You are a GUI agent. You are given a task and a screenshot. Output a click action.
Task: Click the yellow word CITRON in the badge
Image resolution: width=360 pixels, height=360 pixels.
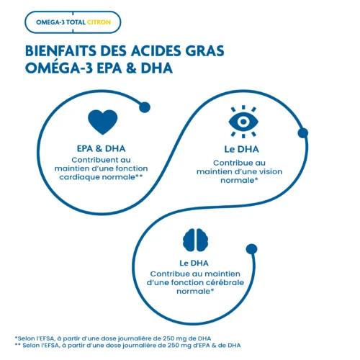pos(99,22)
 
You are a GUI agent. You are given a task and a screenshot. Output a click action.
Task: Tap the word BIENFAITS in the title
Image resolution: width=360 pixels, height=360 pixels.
pos(60,51)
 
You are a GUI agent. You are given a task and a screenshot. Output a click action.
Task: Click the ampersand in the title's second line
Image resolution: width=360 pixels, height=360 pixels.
pos(131,68)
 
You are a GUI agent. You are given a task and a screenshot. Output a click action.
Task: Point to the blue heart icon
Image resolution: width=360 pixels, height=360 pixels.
pos(103,122)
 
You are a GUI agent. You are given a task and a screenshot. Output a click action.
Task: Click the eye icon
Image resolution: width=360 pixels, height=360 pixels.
pos(243,122)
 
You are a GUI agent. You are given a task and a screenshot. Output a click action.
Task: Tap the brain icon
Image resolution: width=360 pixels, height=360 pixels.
pos(196,240)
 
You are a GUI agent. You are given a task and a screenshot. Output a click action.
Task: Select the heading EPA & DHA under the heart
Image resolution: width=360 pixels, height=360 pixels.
pos(101,148)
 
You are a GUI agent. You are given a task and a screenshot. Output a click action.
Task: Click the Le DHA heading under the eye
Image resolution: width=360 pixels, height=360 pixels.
pos(241,149)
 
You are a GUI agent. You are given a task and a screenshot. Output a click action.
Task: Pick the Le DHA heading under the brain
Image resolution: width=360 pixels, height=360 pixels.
pos(194,263)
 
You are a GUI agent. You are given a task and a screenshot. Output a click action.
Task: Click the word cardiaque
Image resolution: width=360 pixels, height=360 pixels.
pos(79,177)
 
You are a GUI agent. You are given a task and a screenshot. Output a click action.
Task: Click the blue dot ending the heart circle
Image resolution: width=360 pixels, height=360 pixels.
pos(145,107)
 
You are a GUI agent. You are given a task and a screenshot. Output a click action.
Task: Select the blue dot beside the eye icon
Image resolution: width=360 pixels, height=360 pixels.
pos(303,133)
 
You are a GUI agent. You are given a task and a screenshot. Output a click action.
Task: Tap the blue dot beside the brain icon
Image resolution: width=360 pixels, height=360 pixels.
pos(251,249)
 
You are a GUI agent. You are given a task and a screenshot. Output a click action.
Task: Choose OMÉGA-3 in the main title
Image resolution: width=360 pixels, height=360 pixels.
pos(59,68)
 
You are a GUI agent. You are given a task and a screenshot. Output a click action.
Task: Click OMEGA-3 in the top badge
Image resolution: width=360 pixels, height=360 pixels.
pos(50,22)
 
